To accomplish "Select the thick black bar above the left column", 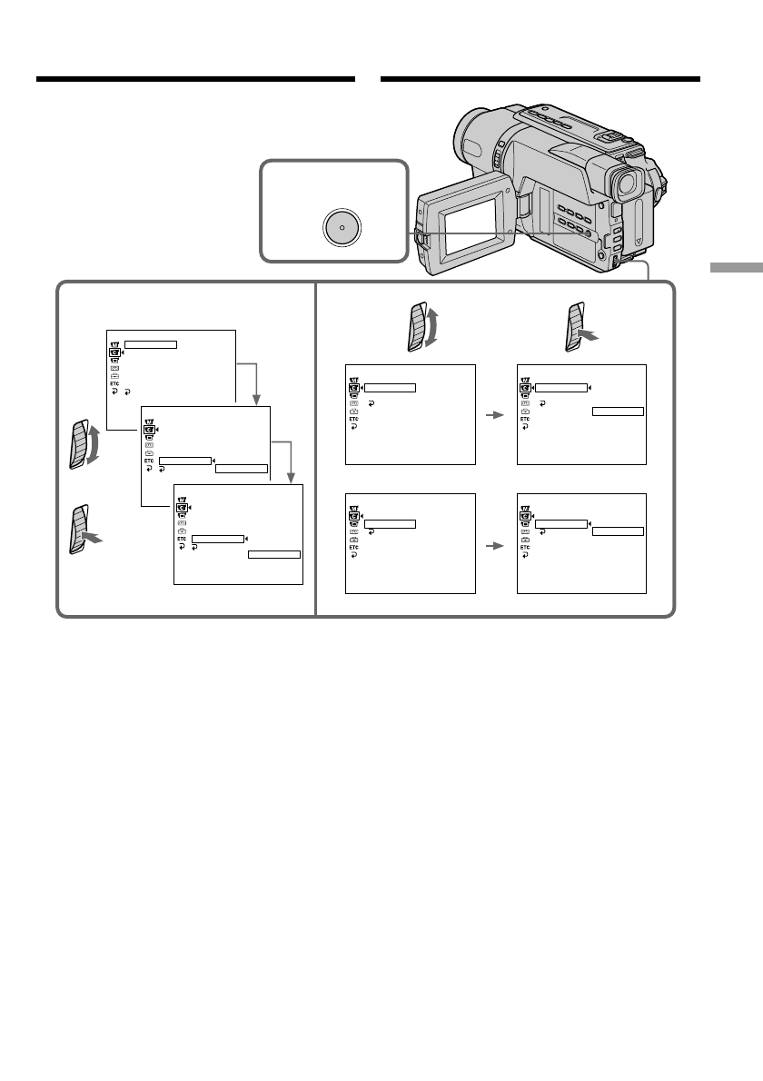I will [x=195, y=80].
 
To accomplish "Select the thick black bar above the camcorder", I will [x=540, y=80].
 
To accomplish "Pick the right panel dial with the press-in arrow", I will [x=579, y=327].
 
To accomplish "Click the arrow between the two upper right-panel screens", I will [x=495, y=415].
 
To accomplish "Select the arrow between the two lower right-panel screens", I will [x=495, y=547].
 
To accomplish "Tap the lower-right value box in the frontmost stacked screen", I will [x=274, y=552].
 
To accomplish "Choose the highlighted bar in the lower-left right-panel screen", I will [x=390, y=523].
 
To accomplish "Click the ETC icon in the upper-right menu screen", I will [x=525, y=420].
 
